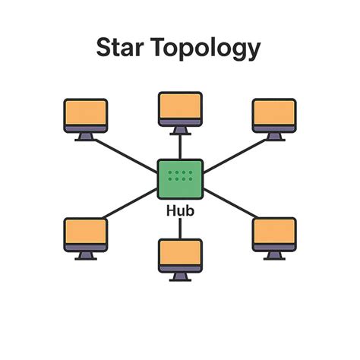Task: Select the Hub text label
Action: pyautogui.click(x=180, y=210)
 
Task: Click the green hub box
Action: pyautogui.click(x=180, y=179)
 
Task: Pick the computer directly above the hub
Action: pyautogui.click(x=180, y=109)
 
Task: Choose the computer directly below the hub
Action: pyautogui.click(x=180, y=256)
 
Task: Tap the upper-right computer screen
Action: pyautogui.click(x=274, y=114)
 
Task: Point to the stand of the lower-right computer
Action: pyautogui.click(x=274, y=254)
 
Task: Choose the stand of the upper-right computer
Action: pyautogui.click(x=274, y=137)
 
